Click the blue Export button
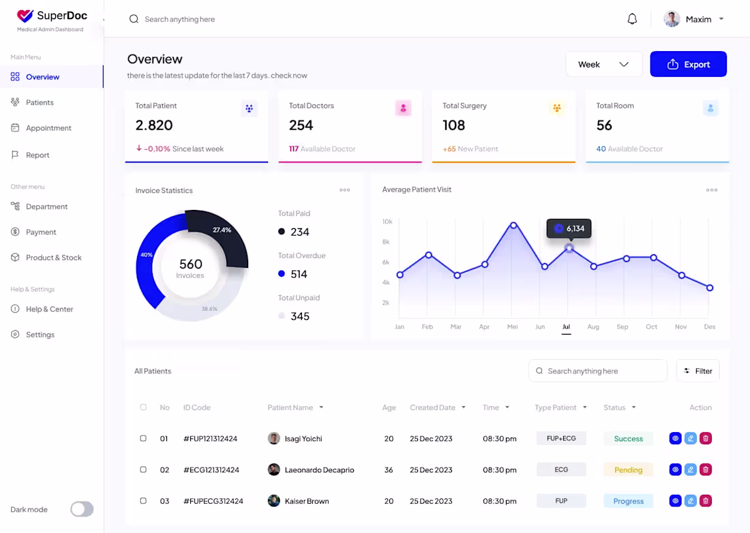click(688, 64)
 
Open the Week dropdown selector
click(603, 64)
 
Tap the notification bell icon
click(632, 19)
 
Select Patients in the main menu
click(40, 102)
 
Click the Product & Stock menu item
click(53, 258)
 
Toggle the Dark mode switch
click(82, 509)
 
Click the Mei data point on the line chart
click(513, 225)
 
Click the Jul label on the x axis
click(566, 327)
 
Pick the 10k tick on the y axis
click(387, 222)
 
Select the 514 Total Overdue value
click(299, 274)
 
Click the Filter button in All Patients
click(697, 371)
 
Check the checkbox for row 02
click(143, 470)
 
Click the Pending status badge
click(628, 470)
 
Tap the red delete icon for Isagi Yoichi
click(706, 438)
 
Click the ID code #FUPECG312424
click(213, 501)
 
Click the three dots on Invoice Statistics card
click(344, 190)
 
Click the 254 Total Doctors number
click(301, 125)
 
